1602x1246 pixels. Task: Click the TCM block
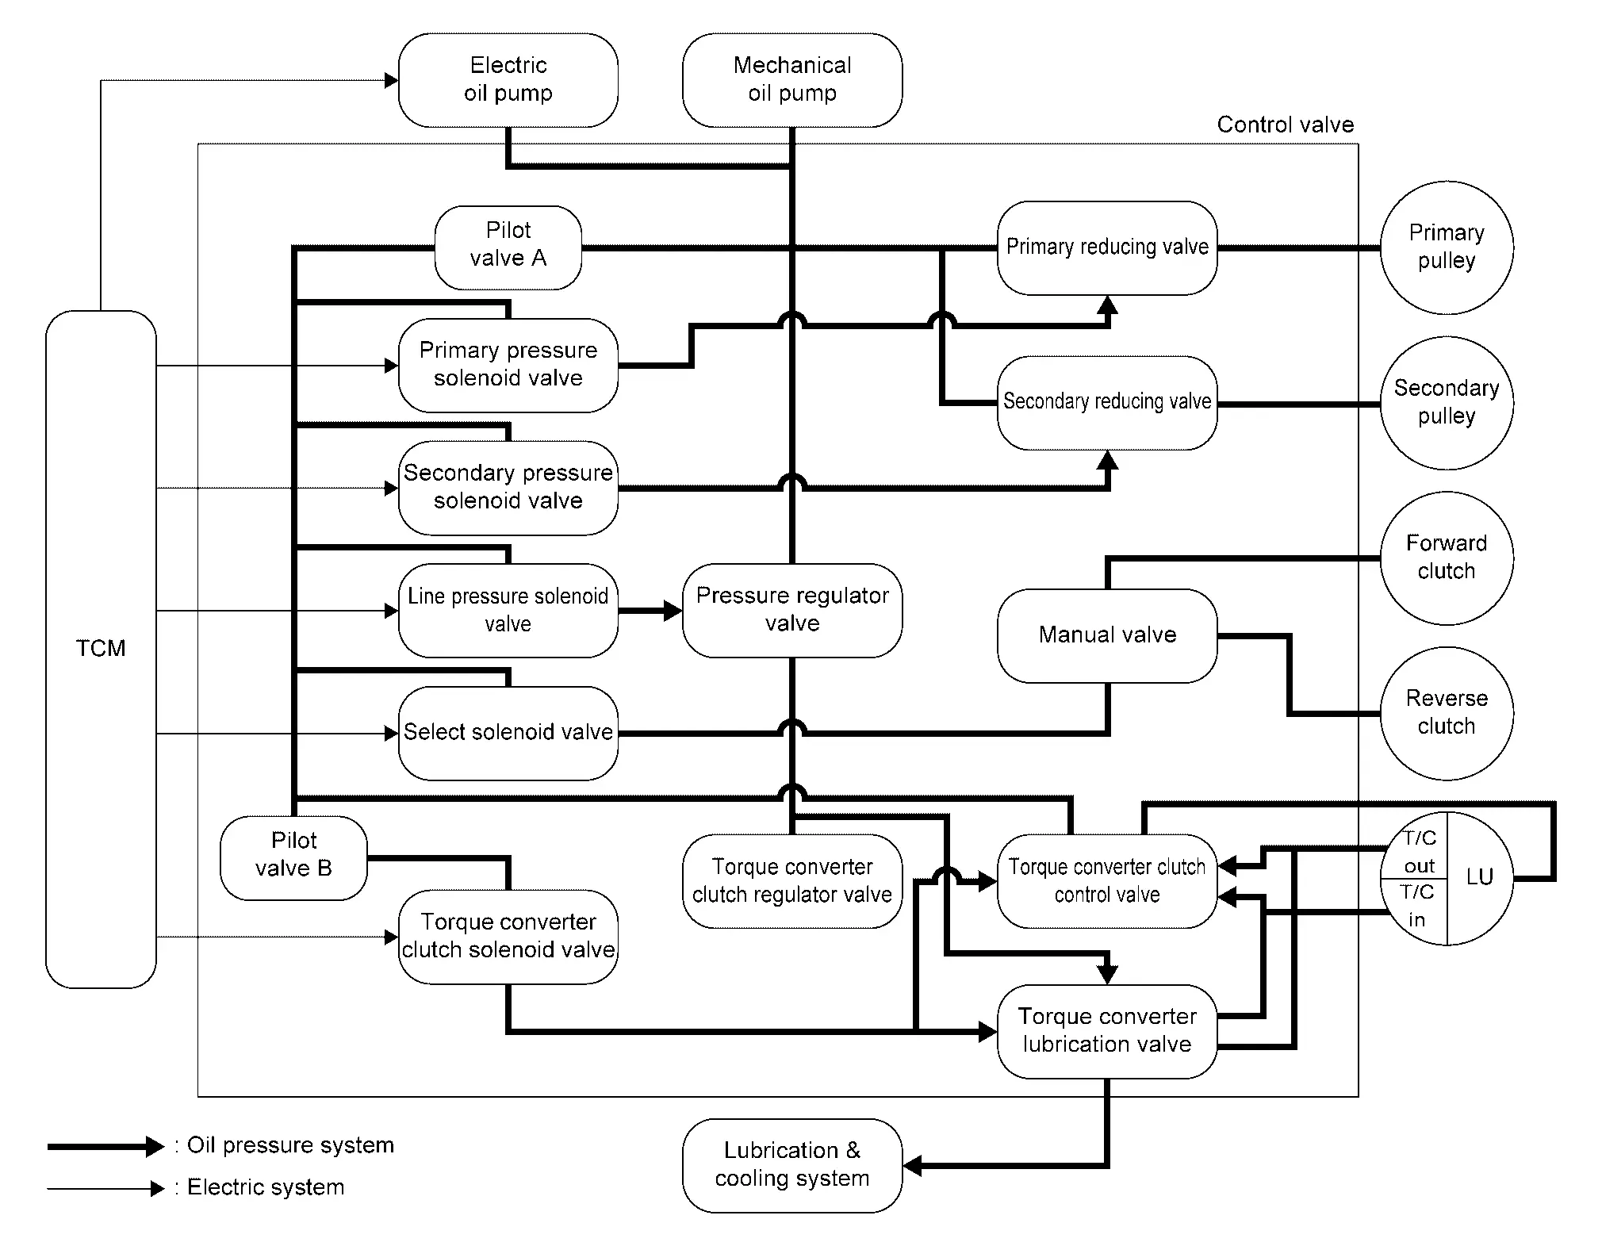coord(101,649)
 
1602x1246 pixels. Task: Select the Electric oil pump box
coord(508,79)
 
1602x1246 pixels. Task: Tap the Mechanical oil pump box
coord(791,79)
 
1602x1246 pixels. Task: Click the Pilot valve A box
coord(508,247)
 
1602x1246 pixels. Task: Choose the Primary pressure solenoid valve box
coord(508,365)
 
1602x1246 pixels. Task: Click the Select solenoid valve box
coord(508,733)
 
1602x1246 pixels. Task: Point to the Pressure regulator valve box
coord(791,610)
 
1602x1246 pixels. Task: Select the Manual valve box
coord(1106,635)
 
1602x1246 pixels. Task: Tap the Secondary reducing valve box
coord(1106,402)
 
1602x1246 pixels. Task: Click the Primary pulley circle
coord(1446,247)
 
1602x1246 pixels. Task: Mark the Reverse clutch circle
coord(1446,713)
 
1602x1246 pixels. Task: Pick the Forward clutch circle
coord(1446,558)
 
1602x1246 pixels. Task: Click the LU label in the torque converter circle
coord(1480,877)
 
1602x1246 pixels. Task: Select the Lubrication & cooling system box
coord(791,1164)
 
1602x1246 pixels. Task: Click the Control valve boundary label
coord(1285,125)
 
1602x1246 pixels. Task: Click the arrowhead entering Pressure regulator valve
coord(673,611)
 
